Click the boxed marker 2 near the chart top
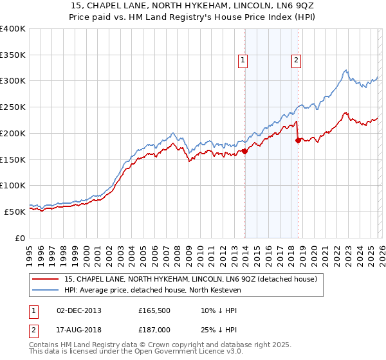(297, 60)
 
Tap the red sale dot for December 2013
(244, 151)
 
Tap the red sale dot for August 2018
(298, 139)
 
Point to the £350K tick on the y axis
(14, 55)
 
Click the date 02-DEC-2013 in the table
(79, 310)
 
